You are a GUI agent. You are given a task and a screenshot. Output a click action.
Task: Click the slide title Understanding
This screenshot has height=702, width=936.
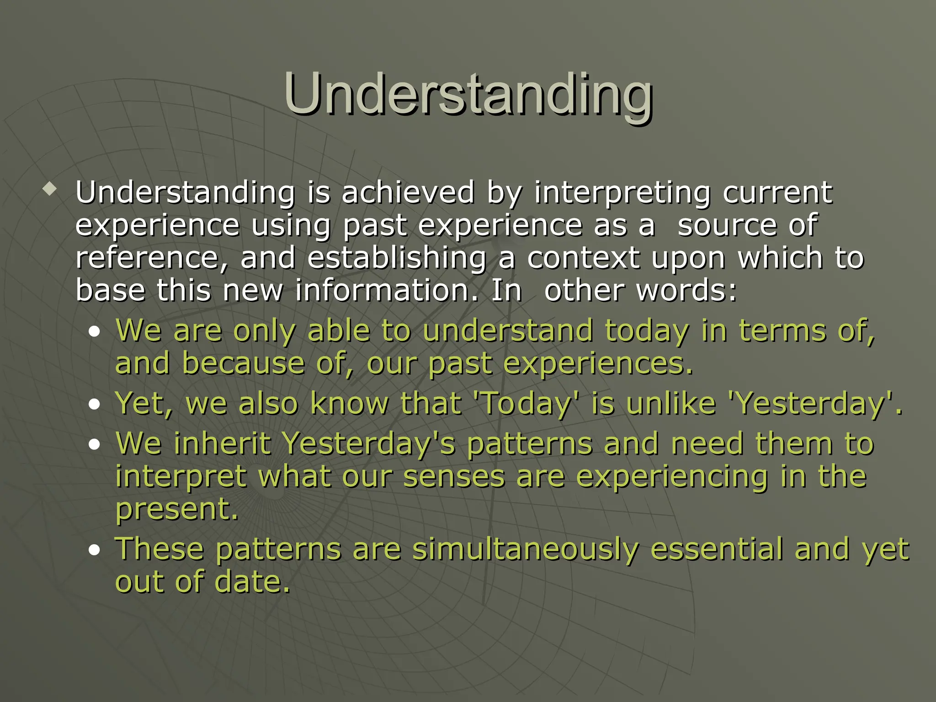(468, 95)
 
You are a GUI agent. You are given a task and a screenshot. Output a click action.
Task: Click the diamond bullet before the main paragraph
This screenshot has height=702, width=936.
(49, 189)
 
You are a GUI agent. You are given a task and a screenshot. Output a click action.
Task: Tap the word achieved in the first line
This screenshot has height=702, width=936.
(408, 192)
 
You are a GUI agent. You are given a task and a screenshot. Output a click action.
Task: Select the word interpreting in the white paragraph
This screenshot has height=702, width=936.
(622, 193)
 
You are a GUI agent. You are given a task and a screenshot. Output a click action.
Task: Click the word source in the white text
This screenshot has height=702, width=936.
(727, 226)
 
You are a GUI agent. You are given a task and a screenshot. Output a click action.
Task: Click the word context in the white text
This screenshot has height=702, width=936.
(583, 258)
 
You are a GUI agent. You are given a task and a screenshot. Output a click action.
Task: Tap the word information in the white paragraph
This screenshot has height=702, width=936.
(387, 291)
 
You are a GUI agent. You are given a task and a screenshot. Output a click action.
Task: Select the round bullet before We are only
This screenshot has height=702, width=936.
(95, 333)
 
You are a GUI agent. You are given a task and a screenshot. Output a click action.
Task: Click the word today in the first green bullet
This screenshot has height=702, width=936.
(647, 331)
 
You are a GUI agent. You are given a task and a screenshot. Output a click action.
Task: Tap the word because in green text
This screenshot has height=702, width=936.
(243, 364)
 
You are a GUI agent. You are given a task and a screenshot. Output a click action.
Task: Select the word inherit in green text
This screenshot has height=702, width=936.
(222, 444)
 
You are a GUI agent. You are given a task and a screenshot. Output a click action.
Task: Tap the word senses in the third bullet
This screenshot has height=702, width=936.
(454, 477)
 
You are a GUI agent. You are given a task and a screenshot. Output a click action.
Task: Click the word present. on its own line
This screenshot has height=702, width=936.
(177, 510)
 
